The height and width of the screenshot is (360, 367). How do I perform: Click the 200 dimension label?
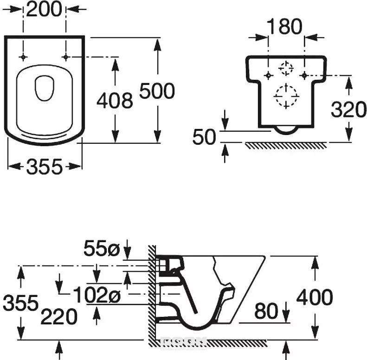44,10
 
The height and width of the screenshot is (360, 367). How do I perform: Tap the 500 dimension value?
157,91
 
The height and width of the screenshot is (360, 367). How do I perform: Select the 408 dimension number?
115,100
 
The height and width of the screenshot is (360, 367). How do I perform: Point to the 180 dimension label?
284,26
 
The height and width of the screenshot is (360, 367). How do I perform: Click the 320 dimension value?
349,109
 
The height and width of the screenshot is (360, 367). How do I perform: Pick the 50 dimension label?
204,137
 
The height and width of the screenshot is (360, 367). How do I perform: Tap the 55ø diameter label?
102,248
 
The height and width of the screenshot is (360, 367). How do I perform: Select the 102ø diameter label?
97,295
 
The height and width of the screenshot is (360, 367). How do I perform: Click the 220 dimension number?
59,316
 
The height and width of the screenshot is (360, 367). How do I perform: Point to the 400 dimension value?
315,297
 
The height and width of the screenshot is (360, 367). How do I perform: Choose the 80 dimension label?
266,311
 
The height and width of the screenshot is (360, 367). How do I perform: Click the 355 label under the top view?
45,167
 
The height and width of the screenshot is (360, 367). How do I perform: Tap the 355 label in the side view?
20,302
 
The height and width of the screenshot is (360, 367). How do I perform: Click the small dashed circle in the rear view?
285,68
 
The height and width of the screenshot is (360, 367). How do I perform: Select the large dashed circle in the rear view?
286,96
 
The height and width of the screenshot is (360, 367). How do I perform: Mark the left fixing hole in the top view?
23,57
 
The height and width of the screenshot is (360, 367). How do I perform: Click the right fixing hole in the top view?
66,57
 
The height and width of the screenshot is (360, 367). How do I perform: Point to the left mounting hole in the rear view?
269,75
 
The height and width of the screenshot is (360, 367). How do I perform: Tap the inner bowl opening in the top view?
45,88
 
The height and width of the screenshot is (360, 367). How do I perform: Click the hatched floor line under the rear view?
286,145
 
